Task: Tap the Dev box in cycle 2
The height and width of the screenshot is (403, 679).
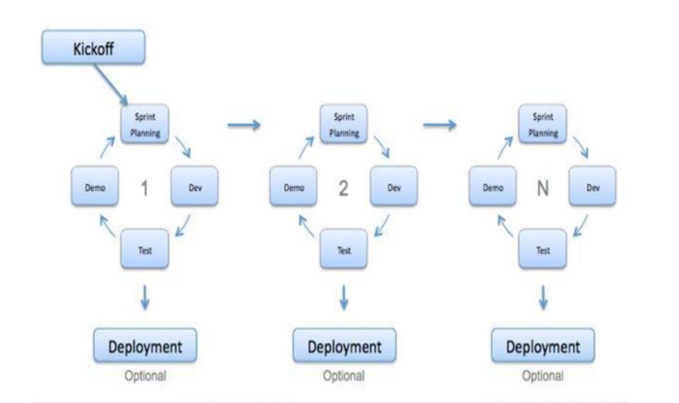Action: pyautogui.click(x=394, y=187)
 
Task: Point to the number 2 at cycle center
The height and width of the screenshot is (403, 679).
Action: pyautogui.click(x=343, y=188)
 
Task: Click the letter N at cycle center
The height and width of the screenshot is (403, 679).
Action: pyautogui.click(x=542, y=188)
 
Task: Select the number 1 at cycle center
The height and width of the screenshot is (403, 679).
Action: pyautogui.click(x=145, y=188)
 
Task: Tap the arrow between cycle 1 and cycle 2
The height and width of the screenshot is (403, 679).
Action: pyautogui.click(x=243, y=125)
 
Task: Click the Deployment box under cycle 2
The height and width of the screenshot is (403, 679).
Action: pyautogui.click(x=345, y=348)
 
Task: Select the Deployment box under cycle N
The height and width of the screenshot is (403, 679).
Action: pyautogui.click(x=543, y=348)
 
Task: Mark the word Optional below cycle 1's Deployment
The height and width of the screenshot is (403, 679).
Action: pyautogui.click(x=146, y=376)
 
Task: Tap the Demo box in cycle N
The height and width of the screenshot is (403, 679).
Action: pyautogui.click(x=493, y=187)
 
